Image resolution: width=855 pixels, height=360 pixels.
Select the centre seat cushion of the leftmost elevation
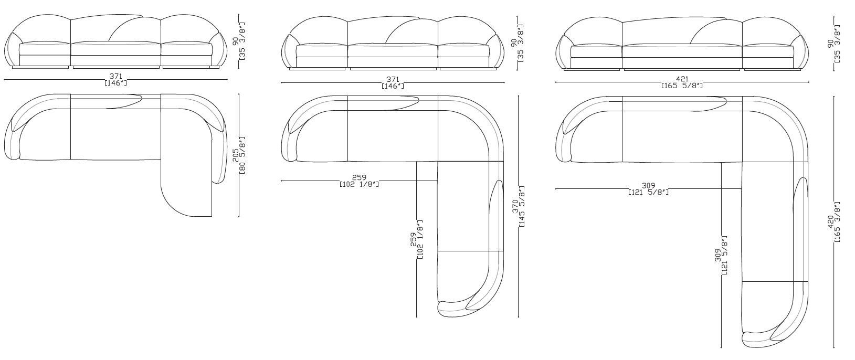pos(115,48)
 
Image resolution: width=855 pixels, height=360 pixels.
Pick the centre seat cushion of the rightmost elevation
pos(682,51)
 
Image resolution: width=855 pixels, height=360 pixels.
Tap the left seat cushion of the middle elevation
pos(322,51)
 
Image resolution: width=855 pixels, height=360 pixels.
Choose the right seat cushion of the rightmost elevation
pos(768,51)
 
